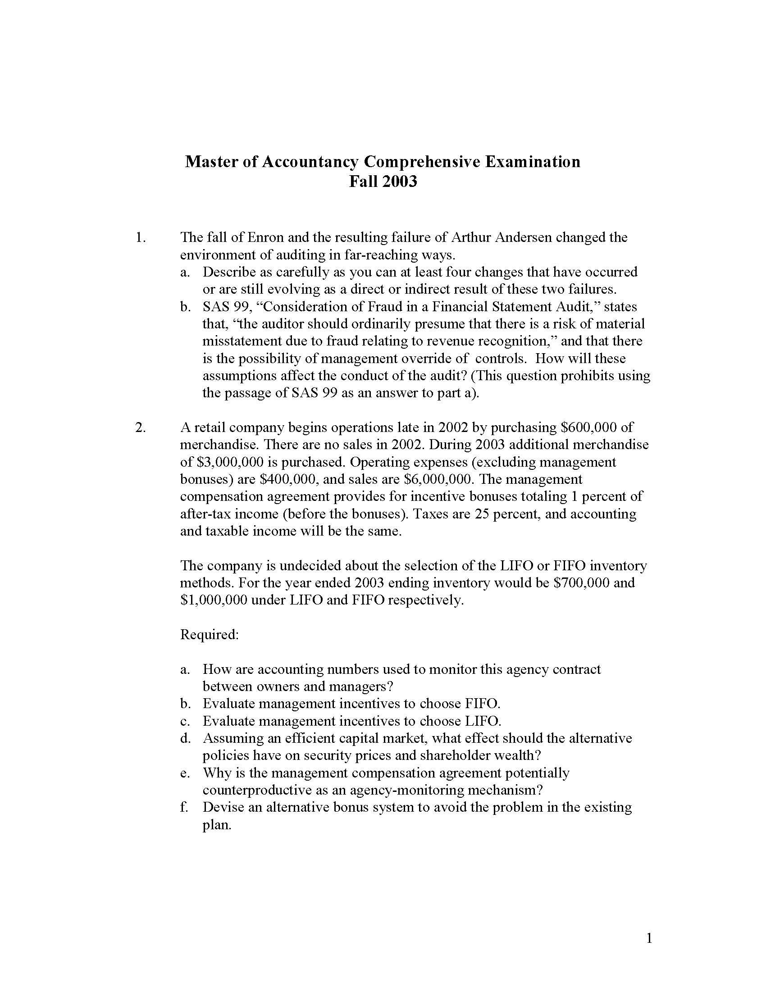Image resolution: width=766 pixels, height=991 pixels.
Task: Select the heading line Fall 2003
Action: pyautogui.click(x=383, y=182)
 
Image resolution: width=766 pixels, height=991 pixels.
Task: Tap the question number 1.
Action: pyautogui.click(x=141, y=237)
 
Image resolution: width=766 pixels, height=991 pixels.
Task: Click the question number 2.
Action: pyautogui.click(x=141, y=427)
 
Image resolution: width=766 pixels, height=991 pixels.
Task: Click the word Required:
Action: pyautogui.click(x=209, y=634)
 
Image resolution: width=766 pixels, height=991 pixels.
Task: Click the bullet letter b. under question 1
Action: pyautogui.click(x=185, y=307)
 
